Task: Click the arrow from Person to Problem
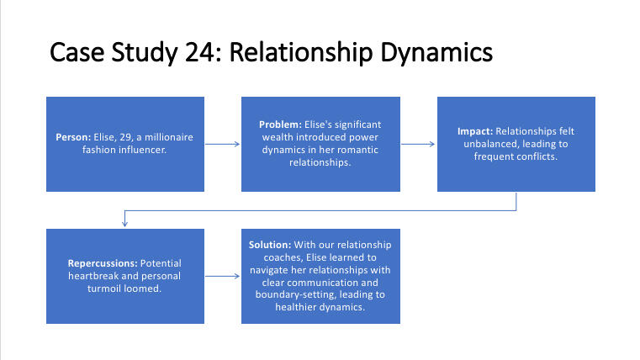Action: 222,144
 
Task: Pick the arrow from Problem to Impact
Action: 418,144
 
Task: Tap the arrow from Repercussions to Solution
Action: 222,275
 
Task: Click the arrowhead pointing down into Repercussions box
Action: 124,225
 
